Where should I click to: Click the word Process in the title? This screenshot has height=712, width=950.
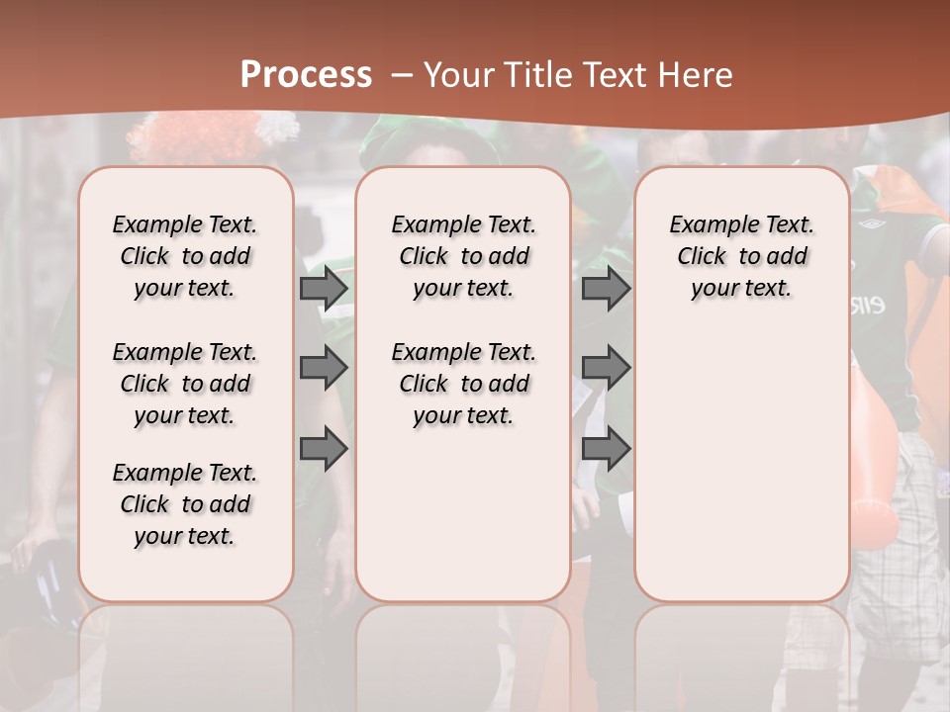306,75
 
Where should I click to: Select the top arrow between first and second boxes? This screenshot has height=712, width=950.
324,288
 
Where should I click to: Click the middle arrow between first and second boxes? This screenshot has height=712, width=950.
324,368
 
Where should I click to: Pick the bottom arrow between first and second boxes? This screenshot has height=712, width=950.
324,449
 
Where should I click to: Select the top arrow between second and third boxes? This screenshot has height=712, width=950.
606,288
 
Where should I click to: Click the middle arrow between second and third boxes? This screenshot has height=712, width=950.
606,368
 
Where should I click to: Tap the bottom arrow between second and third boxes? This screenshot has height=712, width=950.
606,449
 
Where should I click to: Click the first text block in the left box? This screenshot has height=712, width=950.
185,256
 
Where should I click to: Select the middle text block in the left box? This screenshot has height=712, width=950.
185,384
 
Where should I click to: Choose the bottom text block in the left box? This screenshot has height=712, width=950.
185,504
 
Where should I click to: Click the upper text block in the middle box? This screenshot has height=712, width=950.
463,256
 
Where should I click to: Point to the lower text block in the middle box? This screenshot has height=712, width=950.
463,384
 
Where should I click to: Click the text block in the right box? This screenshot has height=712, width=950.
741,256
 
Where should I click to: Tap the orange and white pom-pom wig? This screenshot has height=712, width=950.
213,134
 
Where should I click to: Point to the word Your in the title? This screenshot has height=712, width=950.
455,75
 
